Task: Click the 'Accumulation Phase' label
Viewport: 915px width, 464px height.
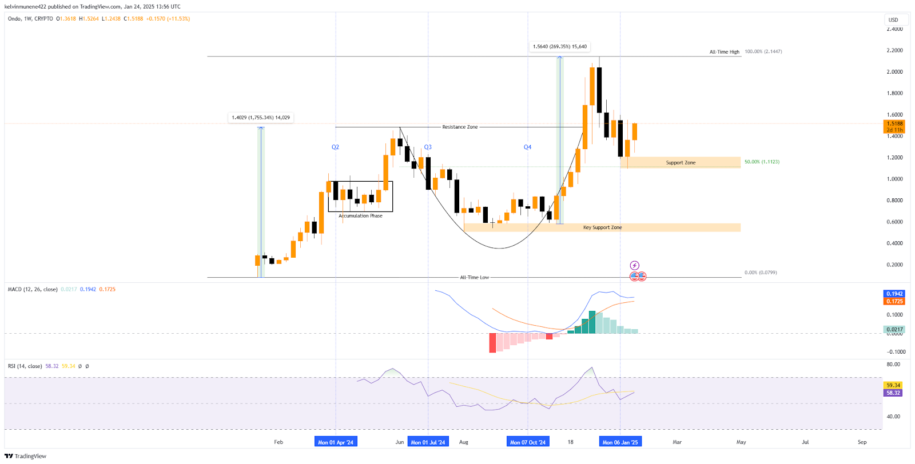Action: coord(360,216)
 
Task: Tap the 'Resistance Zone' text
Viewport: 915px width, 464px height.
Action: coord(460,127)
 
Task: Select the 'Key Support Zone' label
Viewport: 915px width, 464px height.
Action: coord(602,227)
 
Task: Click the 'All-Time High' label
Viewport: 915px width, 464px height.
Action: coord(724,52)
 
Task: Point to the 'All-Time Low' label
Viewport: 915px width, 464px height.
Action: coord(474,278)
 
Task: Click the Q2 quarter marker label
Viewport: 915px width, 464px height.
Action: coord(335,147)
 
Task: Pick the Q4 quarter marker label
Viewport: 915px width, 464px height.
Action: coord(527,147)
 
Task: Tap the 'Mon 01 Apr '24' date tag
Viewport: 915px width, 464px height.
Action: coord(336,442)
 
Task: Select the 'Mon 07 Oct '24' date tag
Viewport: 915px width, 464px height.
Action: coord(528,442)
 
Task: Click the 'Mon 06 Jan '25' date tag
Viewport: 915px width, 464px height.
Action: coord(620,442)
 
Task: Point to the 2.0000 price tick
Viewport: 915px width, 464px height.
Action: coord(894,72)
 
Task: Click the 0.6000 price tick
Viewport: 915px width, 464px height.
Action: coord(894,222)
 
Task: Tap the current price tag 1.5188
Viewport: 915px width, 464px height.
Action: coord(894,123)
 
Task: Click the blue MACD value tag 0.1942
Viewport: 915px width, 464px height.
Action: coord(894,294)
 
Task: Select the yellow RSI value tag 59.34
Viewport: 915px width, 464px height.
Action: coord(893,385)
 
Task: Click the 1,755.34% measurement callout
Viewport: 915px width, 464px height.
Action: coord(261,118)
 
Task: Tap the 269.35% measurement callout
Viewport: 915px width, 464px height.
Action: coord(559,47)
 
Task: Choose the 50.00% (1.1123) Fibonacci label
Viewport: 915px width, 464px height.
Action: coord(762,162)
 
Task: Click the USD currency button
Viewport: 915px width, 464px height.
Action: coord(893,20)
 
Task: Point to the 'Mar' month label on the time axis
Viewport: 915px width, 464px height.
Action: coord(677,442)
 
